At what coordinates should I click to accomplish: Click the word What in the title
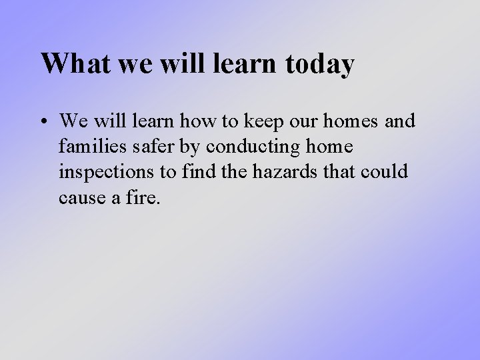[x=70, y=64]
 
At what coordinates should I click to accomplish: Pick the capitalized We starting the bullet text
[x=72, y=121]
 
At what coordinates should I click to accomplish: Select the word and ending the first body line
[x=401, y=121]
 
